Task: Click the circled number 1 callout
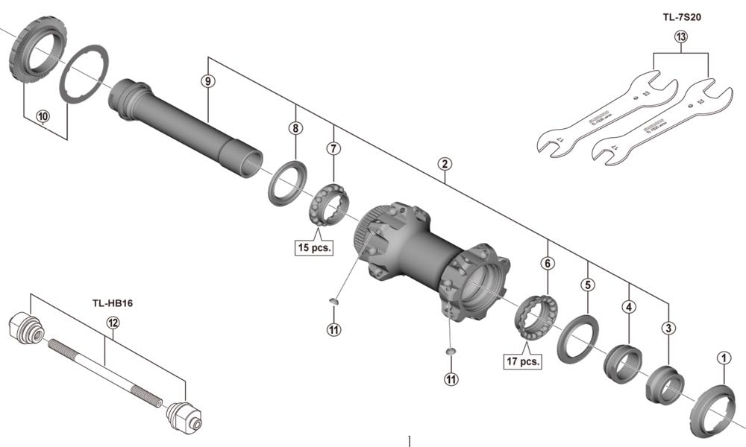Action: pos(721,358)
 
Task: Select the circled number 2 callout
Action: pos(444,163)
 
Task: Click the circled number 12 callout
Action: pos(113,323)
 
